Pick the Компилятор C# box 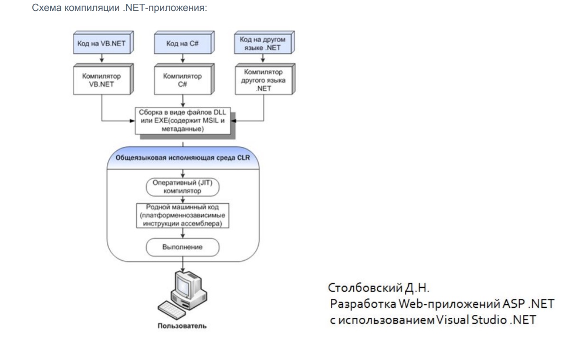[180, 80]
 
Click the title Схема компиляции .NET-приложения [118, 9]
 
